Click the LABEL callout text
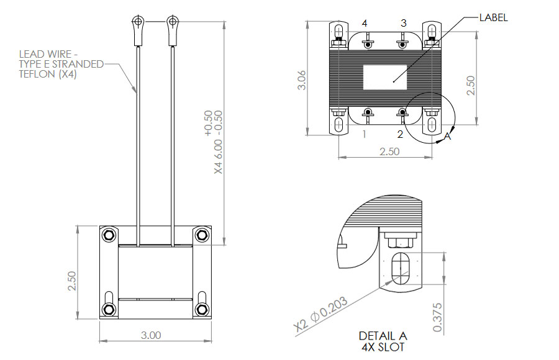click(493, 17)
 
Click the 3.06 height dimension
click(302, 80)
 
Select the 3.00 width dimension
click(151, 335)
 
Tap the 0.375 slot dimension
click(437, 317)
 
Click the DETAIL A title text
click(383, 336)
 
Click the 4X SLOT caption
click(383, 347)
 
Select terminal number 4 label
click(365, 23)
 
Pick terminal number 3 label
click(403, 23)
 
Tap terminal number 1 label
click(364, 134)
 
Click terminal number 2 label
click(400, 134)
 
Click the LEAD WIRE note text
click(61, 64)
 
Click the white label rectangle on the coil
click(384, 78)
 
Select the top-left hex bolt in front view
click(108, 235)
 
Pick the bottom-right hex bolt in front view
click(202, 309)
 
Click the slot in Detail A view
click(401, 268)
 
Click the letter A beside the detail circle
click(447, 136)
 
